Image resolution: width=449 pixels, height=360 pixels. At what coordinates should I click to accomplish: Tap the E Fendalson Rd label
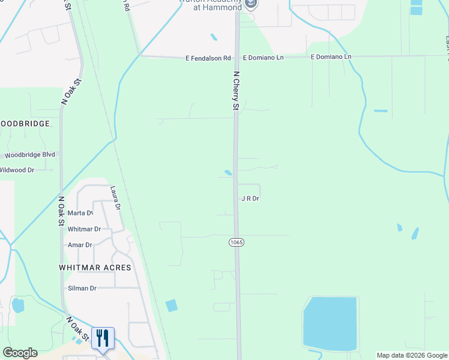click(x=208, y=58)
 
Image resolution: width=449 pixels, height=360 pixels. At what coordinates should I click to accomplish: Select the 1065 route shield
click(x=236, y=241)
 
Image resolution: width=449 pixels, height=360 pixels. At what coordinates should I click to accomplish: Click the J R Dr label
click(x=250, y=198)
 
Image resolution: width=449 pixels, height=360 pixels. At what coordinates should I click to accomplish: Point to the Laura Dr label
click(x=115, y=198)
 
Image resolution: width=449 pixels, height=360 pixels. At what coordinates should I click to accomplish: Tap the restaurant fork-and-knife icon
click(x=102, y=338)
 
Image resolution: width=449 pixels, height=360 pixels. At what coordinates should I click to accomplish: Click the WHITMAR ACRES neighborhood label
click(x=95, y=267)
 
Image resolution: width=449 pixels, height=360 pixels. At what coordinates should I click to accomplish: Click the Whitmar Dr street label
click(x=84, y=229)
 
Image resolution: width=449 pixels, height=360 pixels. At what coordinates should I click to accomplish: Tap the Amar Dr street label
click(x=80, y=245)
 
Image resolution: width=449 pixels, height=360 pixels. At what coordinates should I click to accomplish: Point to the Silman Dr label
click(x=80, y=288)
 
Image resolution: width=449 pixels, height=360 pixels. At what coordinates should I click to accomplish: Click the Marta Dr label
click(x=80, y=213)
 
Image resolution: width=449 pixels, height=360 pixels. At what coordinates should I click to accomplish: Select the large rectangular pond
click(x=330, y=323)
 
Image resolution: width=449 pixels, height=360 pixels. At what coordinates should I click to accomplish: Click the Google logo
click(x=20, y=353)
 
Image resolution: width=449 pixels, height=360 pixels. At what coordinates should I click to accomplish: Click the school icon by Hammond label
click(x=251, y=5)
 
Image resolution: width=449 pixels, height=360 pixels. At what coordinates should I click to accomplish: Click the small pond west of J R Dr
click(x=228, y=173)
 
